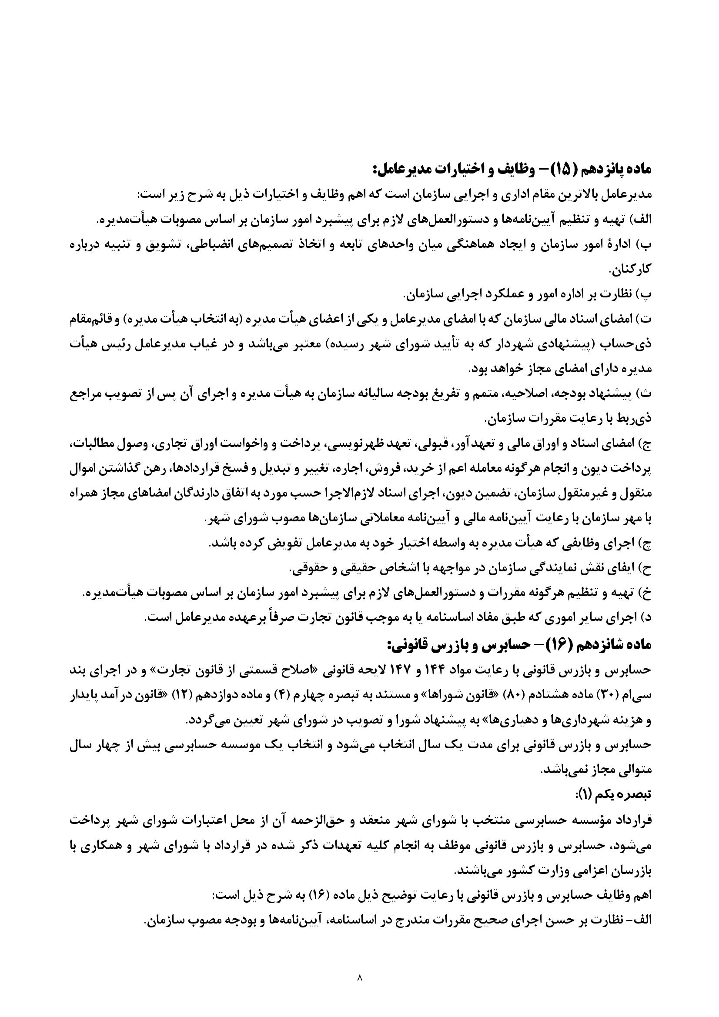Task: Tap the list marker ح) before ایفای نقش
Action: [643, 568]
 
